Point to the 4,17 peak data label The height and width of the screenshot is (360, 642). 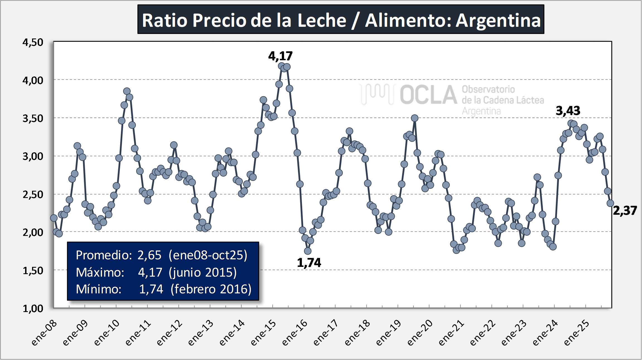(x=280, y=56)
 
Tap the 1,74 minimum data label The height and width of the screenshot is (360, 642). (x=309, y=263)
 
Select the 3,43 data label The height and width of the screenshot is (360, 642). (x=568, y=111)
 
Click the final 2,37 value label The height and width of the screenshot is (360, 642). (x=625, y=211)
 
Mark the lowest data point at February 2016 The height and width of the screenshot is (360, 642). (x=308, y=251)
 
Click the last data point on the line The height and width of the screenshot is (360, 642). (x=610, y=203)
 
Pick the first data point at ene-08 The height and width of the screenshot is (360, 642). (x=54, y=218)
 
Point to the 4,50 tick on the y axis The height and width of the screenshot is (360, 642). (x=33, y=42)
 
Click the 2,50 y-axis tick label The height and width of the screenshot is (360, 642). (x=33, y=195)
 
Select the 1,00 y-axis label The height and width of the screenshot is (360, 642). (x=33, y=308)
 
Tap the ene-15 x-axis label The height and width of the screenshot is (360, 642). (x=263, y=333)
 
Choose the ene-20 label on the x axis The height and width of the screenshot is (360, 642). (x=420, y=333)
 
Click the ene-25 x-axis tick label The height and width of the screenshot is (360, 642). (x=576, y=333)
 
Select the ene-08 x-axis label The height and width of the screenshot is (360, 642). (x=44, y=333)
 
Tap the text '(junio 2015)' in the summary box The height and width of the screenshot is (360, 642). (x=203, y=272)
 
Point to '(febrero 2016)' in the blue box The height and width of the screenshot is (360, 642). (x=211, y=289)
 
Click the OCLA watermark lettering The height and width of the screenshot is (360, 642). (x=428, y=95)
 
